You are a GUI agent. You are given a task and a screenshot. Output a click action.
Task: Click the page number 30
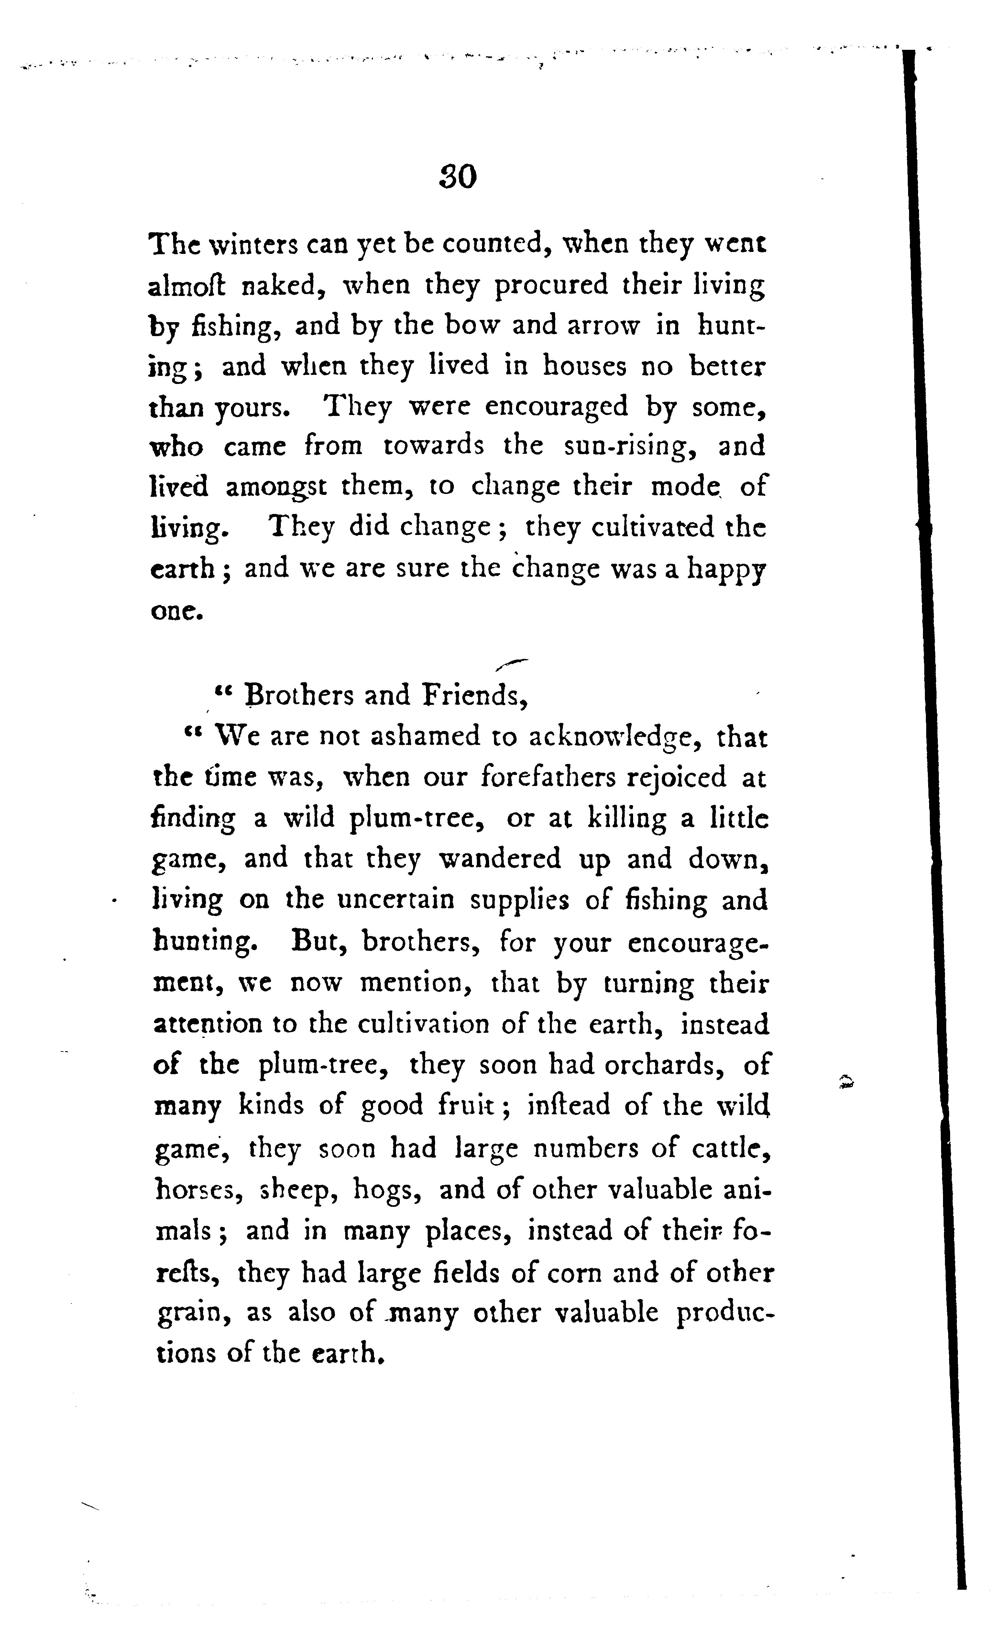pos(458,177)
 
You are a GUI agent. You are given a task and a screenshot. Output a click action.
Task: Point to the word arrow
pos(604,326)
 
